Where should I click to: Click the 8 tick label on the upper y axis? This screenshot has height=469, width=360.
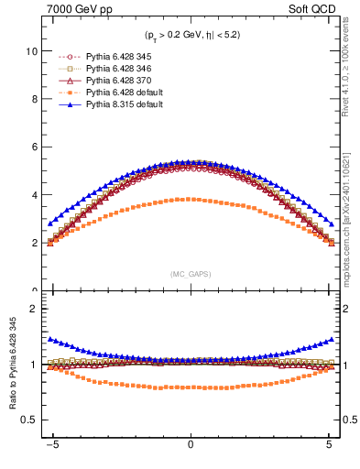[33, 100]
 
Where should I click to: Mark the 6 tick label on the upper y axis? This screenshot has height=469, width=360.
[33, 147]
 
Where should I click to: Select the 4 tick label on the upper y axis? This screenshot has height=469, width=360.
[33, 195]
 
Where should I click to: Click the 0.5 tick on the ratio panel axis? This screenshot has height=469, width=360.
[28, 420]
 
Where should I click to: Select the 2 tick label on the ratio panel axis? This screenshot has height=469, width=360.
[33, 310]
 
